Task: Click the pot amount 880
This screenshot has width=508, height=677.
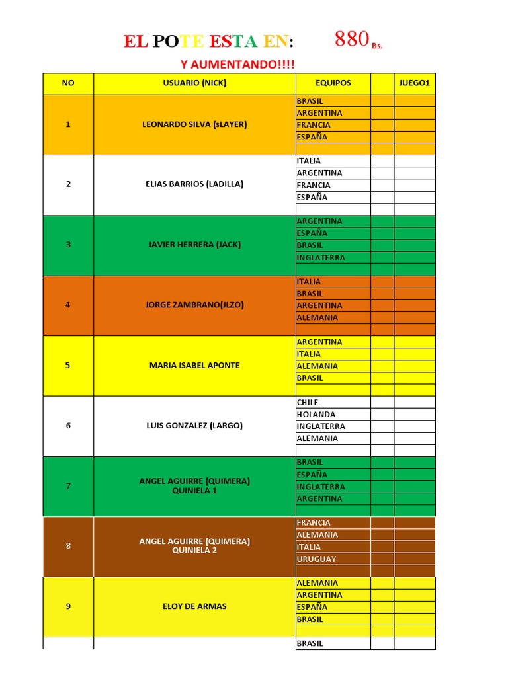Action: pyautogui.click(x=351, y=40)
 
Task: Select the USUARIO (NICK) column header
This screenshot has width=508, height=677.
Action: pyautogui.click(x=194, y=83)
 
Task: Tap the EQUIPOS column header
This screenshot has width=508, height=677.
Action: pyautogui.click(x=333, y=83)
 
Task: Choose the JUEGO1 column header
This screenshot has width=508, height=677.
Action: pyautogui.click(x=415, y=83)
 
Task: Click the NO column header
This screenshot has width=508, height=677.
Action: pyautogui.click(x=68, y=83)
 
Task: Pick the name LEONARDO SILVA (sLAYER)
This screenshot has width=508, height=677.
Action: pyautogui.click(x=194, y=124)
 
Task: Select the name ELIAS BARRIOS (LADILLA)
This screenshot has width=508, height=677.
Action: pyautogui.click(x=194, y=184)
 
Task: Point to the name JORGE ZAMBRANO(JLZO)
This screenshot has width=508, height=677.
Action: pyautogui.click(x=194, y=305)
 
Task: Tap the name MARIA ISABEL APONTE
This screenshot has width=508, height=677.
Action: pyautogui.click(x=194, y=366)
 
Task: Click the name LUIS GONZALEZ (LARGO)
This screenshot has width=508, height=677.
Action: pyautogui.click(x=194, y=426)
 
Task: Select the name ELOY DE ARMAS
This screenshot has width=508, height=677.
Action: pyautogui.click(x=194, y=606)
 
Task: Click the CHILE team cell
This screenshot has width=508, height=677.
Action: pyautogui.click(x=308, y=402)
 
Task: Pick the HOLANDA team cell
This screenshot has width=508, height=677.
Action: pyautogui.click(x=316, y=415)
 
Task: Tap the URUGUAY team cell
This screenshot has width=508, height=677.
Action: pyautogui.click(x=317, y=559)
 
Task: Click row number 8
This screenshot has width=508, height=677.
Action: pyautogui.click(x=68, y=546)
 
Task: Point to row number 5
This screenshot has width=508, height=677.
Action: pyautogui.click(x=68, y=366)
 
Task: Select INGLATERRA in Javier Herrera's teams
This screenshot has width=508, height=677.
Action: pyautogui.click(x=321, y=258)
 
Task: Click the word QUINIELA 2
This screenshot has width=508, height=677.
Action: pyautogui.click(x=194, y=551)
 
